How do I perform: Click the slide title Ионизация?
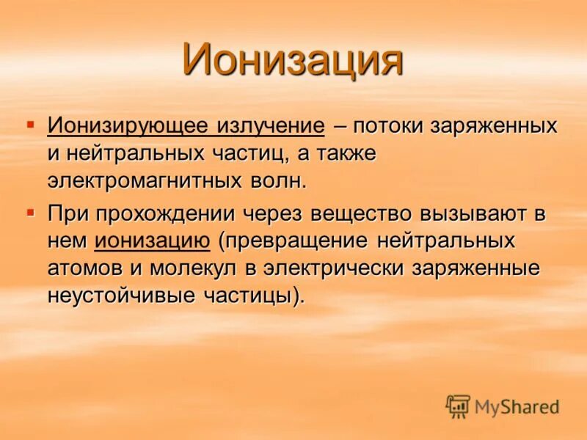pyautogui.click(x=293, y=60)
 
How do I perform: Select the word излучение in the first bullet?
pyautogui.click(x=269, y=125)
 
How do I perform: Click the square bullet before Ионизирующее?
pyautogui.click(x=30, y=125)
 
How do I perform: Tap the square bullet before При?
pyautogui.click(x=30, y=213)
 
